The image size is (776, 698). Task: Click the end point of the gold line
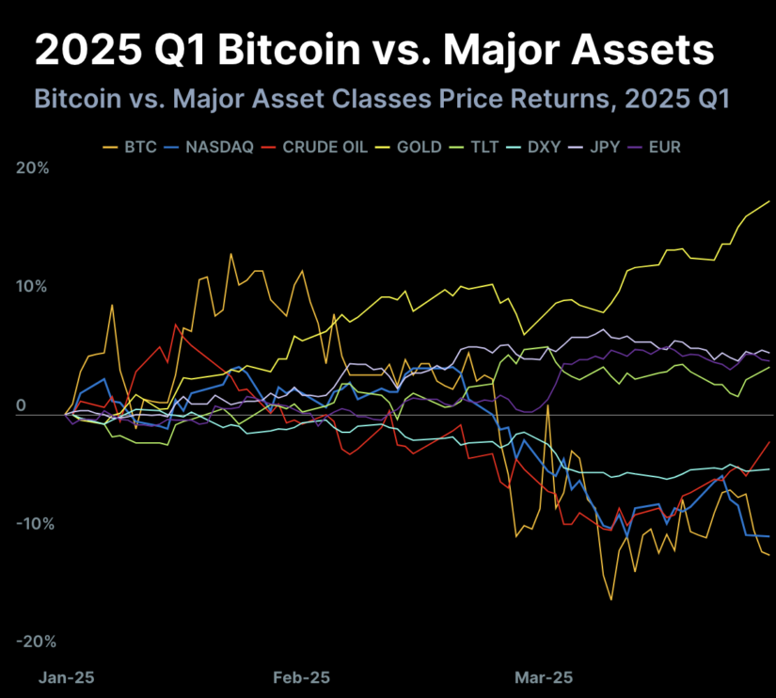[x=770, y=201]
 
